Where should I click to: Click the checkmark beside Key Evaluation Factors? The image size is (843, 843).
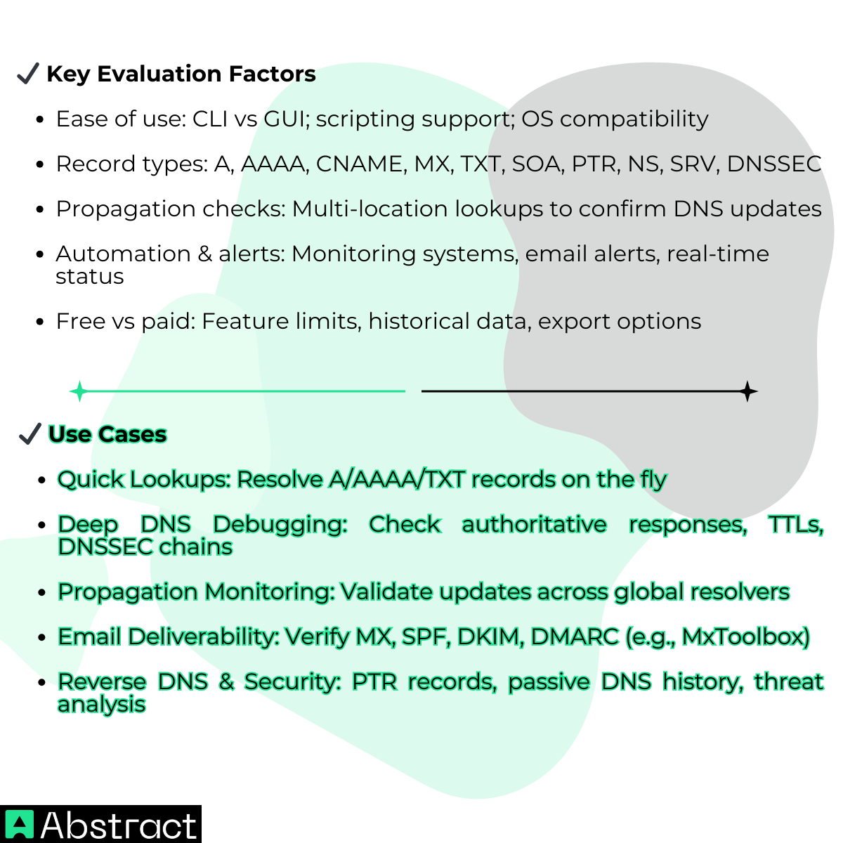click(x=27, y=73)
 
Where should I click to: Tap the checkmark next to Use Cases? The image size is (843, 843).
click(x=30, y=434)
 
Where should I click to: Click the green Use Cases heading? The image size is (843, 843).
click(x=107, y=434)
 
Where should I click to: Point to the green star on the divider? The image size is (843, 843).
click(x=79, y=391)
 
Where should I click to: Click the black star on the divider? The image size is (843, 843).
click(x=748, y=391)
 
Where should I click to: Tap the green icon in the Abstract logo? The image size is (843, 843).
click(x=19, y=825)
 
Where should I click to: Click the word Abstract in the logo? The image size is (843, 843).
click(x=119, y=825)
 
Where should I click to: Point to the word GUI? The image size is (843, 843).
click(x=286, y=119)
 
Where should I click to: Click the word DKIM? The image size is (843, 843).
click(x=490, y=636)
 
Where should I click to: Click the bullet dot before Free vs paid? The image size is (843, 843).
click(x=40, y=322)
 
